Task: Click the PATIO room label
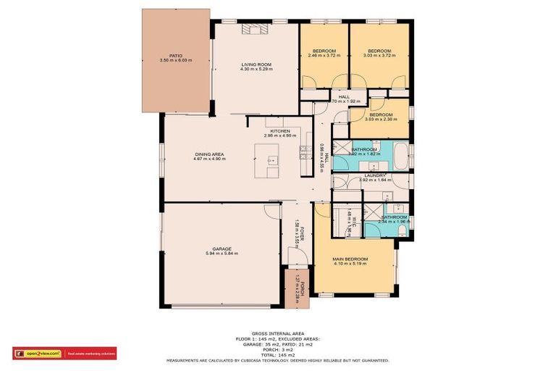(x=175, y=55)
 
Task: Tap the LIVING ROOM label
(x=256, y=64)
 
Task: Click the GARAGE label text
(x=222, y=249)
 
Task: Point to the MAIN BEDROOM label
(x=350, y=259)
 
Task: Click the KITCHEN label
(x=280, y=130)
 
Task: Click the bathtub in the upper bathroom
(x=402, y=156)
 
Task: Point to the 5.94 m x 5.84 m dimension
(x=222, y=254)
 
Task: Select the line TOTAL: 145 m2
(x=277, y=354)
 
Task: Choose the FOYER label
(x=303, y=230)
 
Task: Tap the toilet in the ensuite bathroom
(x=401, y=230)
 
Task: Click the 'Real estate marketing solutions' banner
(x=90, y=354)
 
